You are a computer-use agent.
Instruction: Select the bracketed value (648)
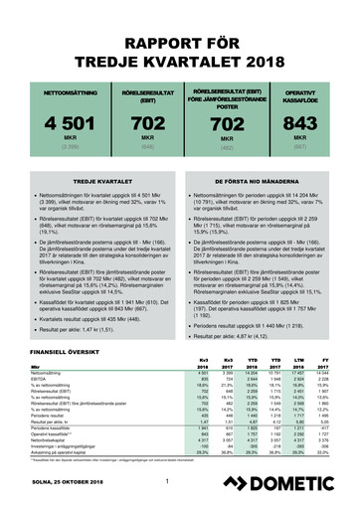click(133, 147)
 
